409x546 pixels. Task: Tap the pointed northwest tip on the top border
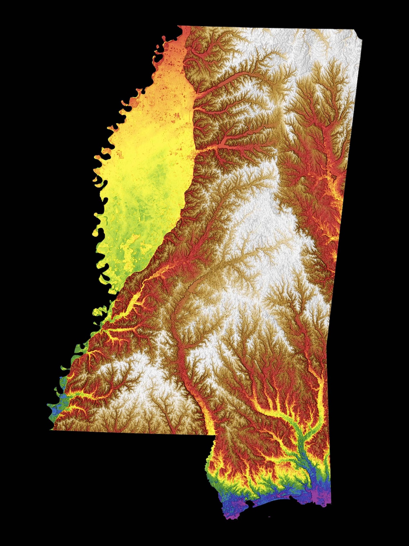(x=178, y=26)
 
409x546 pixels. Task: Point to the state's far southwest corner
(x=51, y=429)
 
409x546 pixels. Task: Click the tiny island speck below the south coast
(x=269, y=516)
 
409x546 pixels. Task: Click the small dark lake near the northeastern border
(x=334, y=177)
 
